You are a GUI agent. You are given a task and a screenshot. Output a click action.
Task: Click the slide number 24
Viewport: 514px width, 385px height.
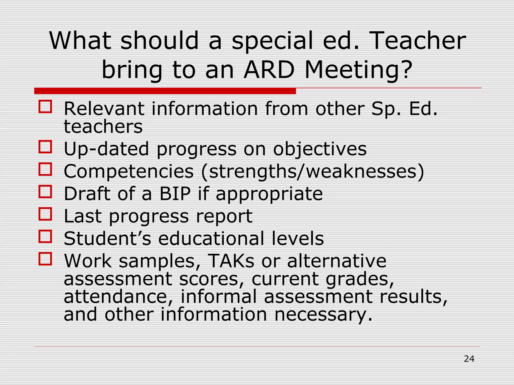[469, 359]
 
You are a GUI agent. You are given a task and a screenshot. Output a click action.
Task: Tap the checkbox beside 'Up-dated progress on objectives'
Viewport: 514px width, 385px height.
[45, 147]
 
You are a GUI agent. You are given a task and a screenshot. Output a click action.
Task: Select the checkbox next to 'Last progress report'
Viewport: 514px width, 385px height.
[45, 214]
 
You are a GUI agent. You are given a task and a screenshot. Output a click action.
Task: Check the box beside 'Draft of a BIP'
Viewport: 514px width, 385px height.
[45, 191]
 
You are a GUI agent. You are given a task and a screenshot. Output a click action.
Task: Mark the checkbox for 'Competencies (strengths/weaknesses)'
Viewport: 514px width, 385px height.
[45, 169]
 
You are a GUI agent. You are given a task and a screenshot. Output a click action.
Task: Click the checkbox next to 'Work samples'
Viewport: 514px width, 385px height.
[45, 259]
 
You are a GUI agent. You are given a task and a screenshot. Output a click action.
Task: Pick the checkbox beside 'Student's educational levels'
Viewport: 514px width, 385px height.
[45, 236]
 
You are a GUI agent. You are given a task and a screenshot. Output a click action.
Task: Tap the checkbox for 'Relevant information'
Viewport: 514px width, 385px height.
[45, 107]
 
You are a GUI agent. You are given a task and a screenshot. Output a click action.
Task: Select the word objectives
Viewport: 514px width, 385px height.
[320, 149]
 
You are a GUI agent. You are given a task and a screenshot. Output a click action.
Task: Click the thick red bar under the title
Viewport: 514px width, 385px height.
[165, 91]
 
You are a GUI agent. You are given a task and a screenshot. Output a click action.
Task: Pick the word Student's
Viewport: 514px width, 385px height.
[107, 239]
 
